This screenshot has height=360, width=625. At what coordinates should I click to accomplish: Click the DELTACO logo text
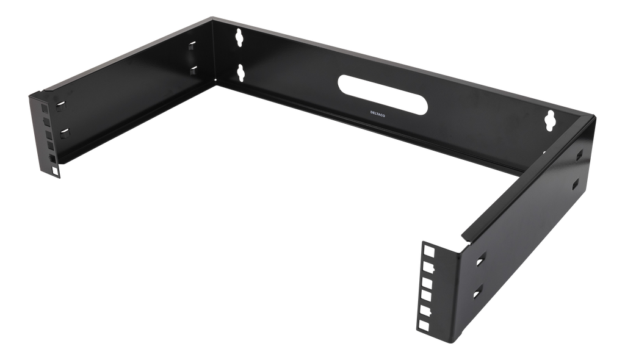(x=377, y=113)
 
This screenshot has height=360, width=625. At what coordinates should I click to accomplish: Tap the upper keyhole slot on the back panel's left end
(x=239, y=37)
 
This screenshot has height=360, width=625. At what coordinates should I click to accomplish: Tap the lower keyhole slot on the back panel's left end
(x=240, y=73)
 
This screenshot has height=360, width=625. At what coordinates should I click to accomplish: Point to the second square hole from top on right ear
(x=428, y=266)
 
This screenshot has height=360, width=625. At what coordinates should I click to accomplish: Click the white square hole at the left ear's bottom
(x=54, y=171)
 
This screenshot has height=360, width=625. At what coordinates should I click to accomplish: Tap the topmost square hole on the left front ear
(x=43, y=109)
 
